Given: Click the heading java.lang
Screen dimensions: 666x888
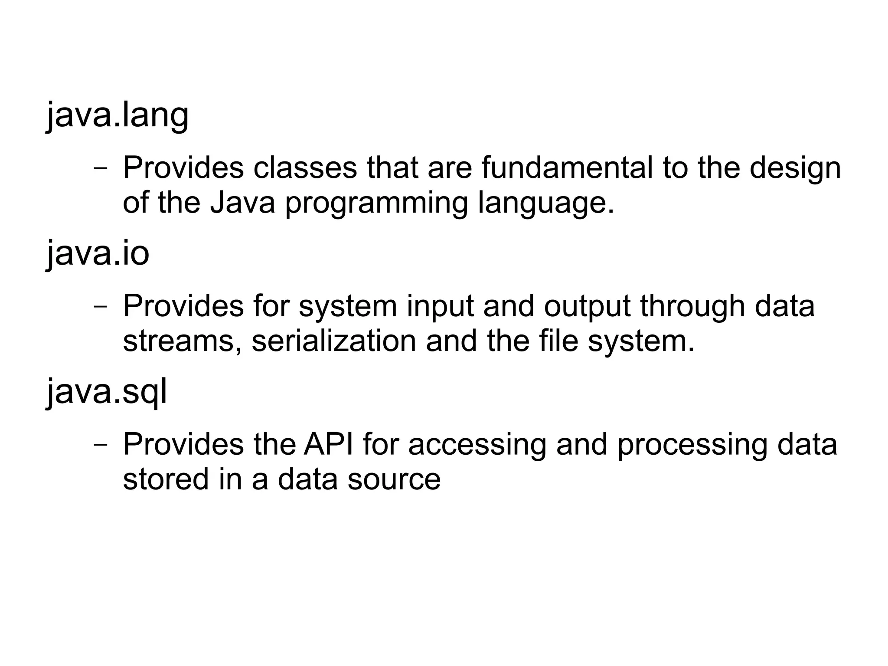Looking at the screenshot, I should click(x=118, y=115).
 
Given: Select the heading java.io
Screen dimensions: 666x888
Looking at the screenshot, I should click(x=98, y=254).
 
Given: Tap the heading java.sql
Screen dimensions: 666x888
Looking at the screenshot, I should click(x=107, y=392).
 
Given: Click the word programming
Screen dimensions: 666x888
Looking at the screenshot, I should click(x=376, y=204).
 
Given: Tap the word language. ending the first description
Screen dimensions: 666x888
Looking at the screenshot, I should click(x=546, y=204).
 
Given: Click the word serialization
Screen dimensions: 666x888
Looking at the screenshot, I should click(x=333, y=341).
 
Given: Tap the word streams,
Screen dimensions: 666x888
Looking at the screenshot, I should click(x=182, y=342).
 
